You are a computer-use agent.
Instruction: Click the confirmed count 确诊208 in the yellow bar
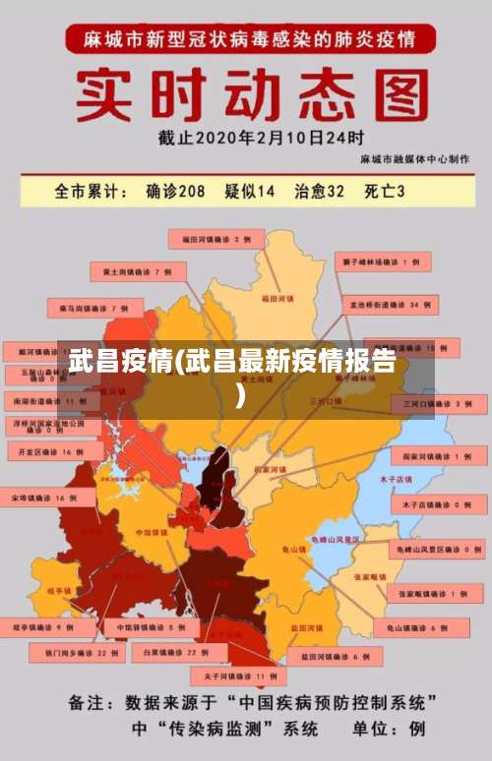coord(175,192)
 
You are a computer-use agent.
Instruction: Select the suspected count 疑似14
coord(250,192)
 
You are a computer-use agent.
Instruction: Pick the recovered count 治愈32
coord(320,192)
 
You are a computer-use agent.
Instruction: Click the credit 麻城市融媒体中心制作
coord(414,158)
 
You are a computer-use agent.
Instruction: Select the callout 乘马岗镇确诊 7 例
coord(94,308)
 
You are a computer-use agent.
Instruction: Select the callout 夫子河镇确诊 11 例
coord(240,676)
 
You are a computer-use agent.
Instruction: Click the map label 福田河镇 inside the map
coord(277,296)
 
